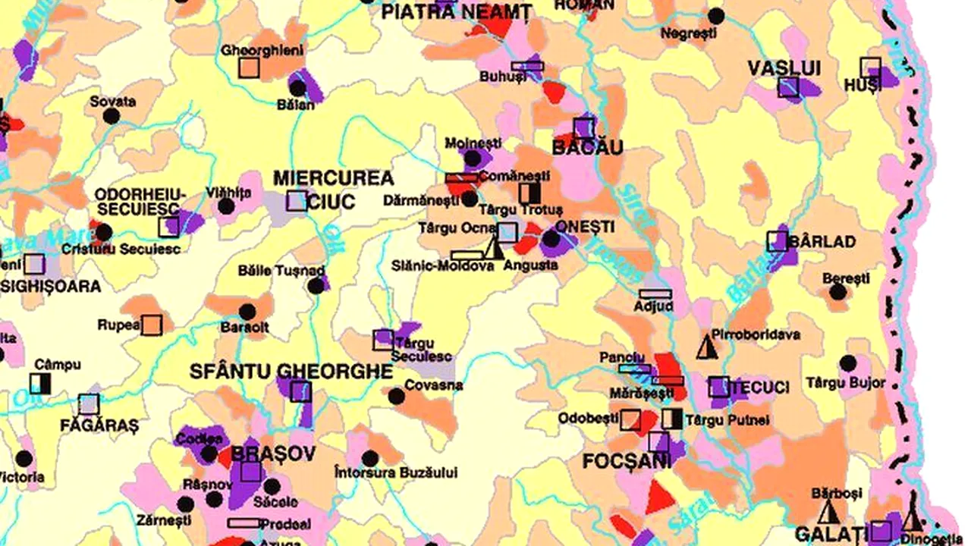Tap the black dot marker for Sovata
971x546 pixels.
click(112, 116)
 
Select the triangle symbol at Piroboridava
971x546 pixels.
click(707, 347)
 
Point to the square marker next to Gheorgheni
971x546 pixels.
click(250, 68)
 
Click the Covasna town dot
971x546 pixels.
click(396, 396)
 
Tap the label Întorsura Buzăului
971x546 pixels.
click(396, 473)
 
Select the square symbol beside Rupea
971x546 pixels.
click(152, 325)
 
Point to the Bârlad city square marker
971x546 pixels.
click(777, 241)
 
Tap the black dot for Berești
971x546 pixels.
click(837, 292)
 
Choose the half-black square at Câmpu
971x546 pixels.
click(40, 383)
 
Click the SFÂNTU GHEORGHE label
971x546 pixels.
click(291, 372)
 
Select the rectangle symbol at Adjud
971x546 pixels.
click(655, 293)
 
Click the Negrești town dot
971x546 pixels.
click(716, 15)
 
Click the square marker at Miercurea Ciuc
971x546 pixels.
click(297, 200)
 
